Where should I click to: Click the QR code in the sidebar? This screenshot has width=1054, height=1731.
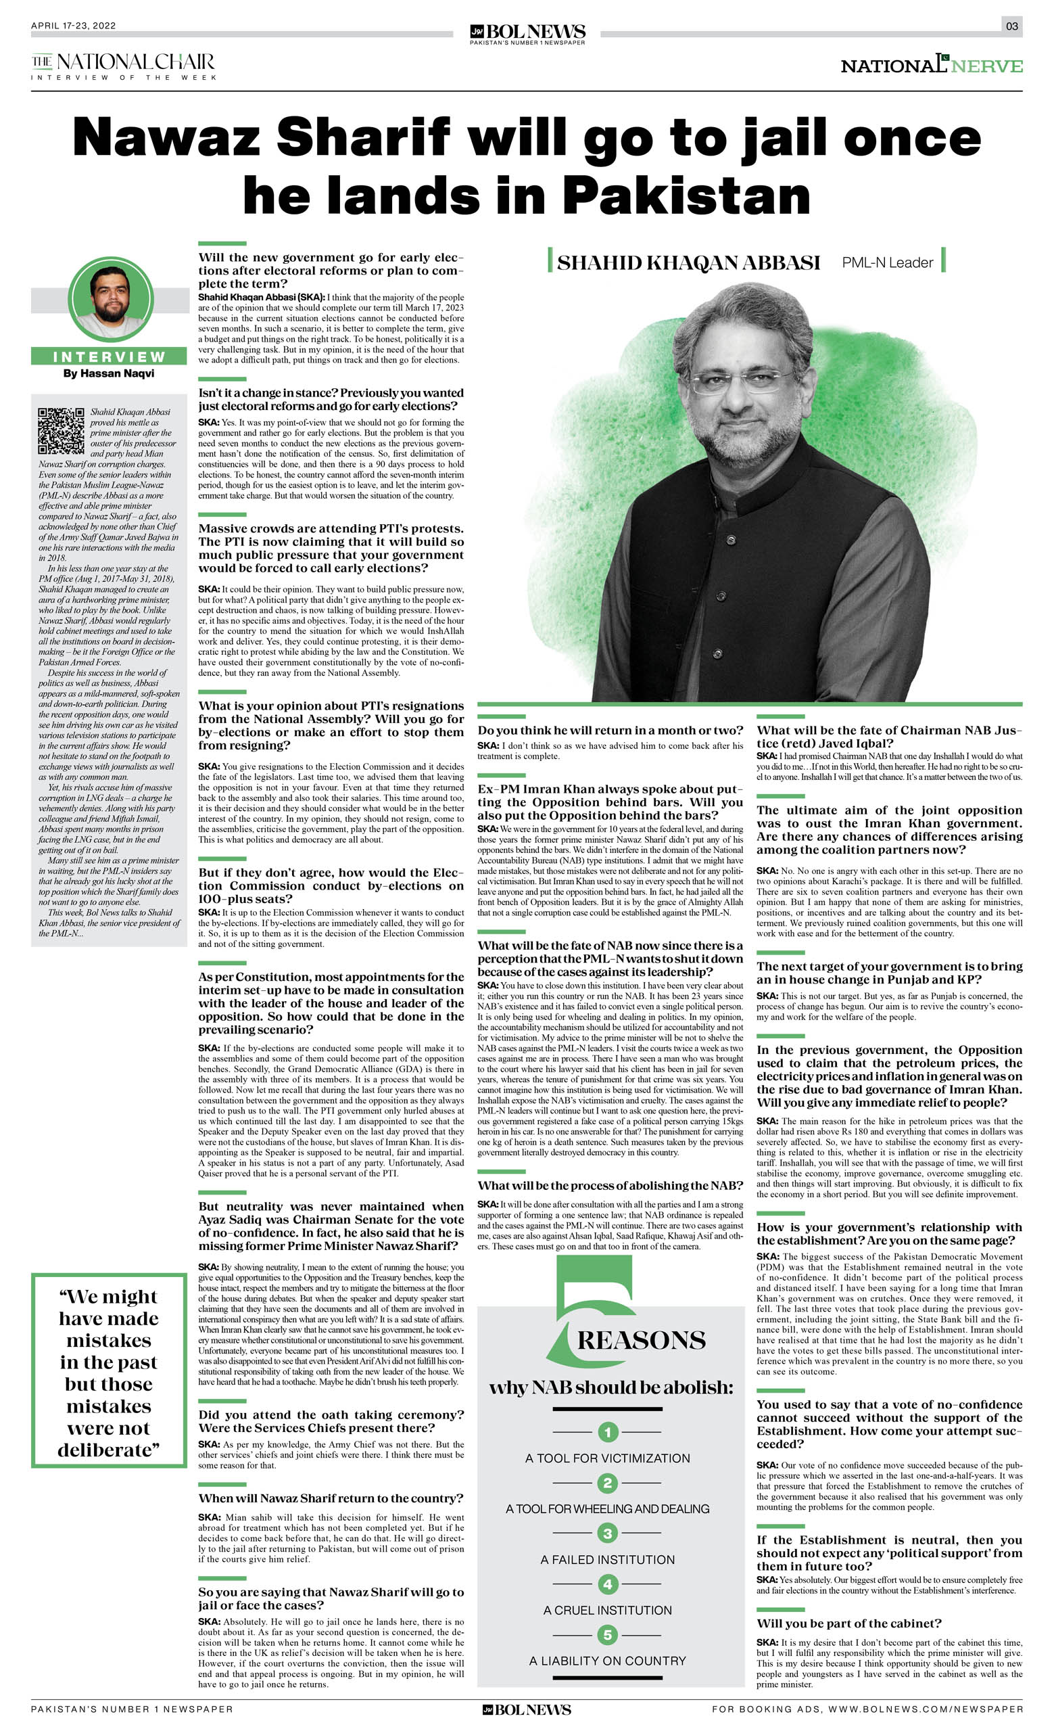pyautogui.click(x=61, y=430)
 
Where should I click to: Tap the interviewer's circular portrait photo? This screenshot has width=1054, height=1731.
pyautogui.click(x=110, y=298)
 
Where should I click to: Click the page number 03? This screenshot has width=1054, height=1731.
pyautogui.click(x=1011, y=26)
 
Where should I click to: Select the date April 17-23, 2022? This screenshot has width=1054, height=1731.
pyautogui.click(x=73, y=26)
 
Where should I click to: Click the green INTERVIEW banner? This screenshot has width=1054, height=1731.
pyautogui.click(x=109, y=357)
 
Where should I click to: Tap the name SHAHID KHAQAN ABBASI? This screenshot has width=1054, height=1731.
pyautogui.click(x=688, y=262)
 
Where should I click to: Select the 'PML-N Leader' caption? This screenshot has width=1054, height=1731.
pyautogui.click(x=887, y=262)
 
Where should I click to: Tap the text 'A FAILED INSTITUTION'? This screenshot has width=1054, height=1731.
pyautogui.click(x=607, y=1560)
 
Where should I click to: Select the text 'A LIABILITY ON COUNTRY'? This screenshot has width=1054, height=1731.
pyautogui.click(x=607, y=1661)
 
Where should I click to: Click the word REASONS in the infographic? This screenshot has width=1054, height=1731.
pyautogui.click(x=641, y=1341)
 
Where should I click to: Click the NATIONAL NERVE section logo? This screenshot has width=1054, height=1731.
pyautogui.click(x=931, y=66)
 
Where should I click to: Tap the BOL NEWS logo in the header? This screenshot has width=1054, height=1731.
pyautogui.click(x=527, y=32)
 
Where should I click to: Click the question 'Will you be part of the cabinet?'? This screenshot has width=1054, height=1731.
pyautogui.click(x=849, y=1623)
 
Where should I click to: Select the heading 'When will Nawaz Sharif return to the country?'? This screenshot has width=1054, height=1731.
pyautogui.click(x=331, y=1498)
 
